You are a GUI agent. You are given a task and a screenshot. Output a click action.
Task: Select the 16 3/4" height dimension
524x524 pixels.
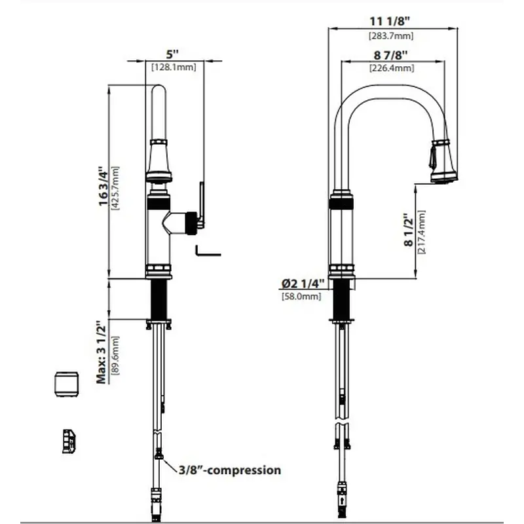point(102,187)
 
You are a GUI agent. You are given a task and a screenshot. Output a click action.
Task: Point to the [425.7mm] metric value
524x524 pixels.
point(115,187)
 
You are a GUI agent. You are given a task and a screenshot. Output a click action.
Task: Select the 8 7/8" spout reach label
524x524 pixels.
point(392,55)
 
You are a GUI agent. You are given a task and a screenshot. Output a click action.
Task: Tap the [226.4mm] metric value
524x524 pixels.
point(392,67)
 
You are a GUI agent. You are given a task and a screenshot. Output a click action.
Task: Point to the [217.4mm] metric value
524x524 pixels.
point(421,232)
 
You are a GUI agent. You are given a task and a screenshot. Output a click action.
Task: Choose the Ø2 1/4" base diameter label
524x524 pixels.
point(303,283)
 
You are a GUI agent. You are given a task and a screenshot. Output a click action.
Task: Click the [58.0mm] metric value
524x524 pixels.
point(301,297)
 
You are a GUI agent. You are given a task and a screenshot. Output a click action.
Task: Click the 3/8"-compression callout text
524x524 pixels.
point(229,470)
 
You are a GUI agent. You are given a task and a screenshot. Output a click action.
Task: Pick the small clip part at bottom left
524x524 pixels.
point(69,441)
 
